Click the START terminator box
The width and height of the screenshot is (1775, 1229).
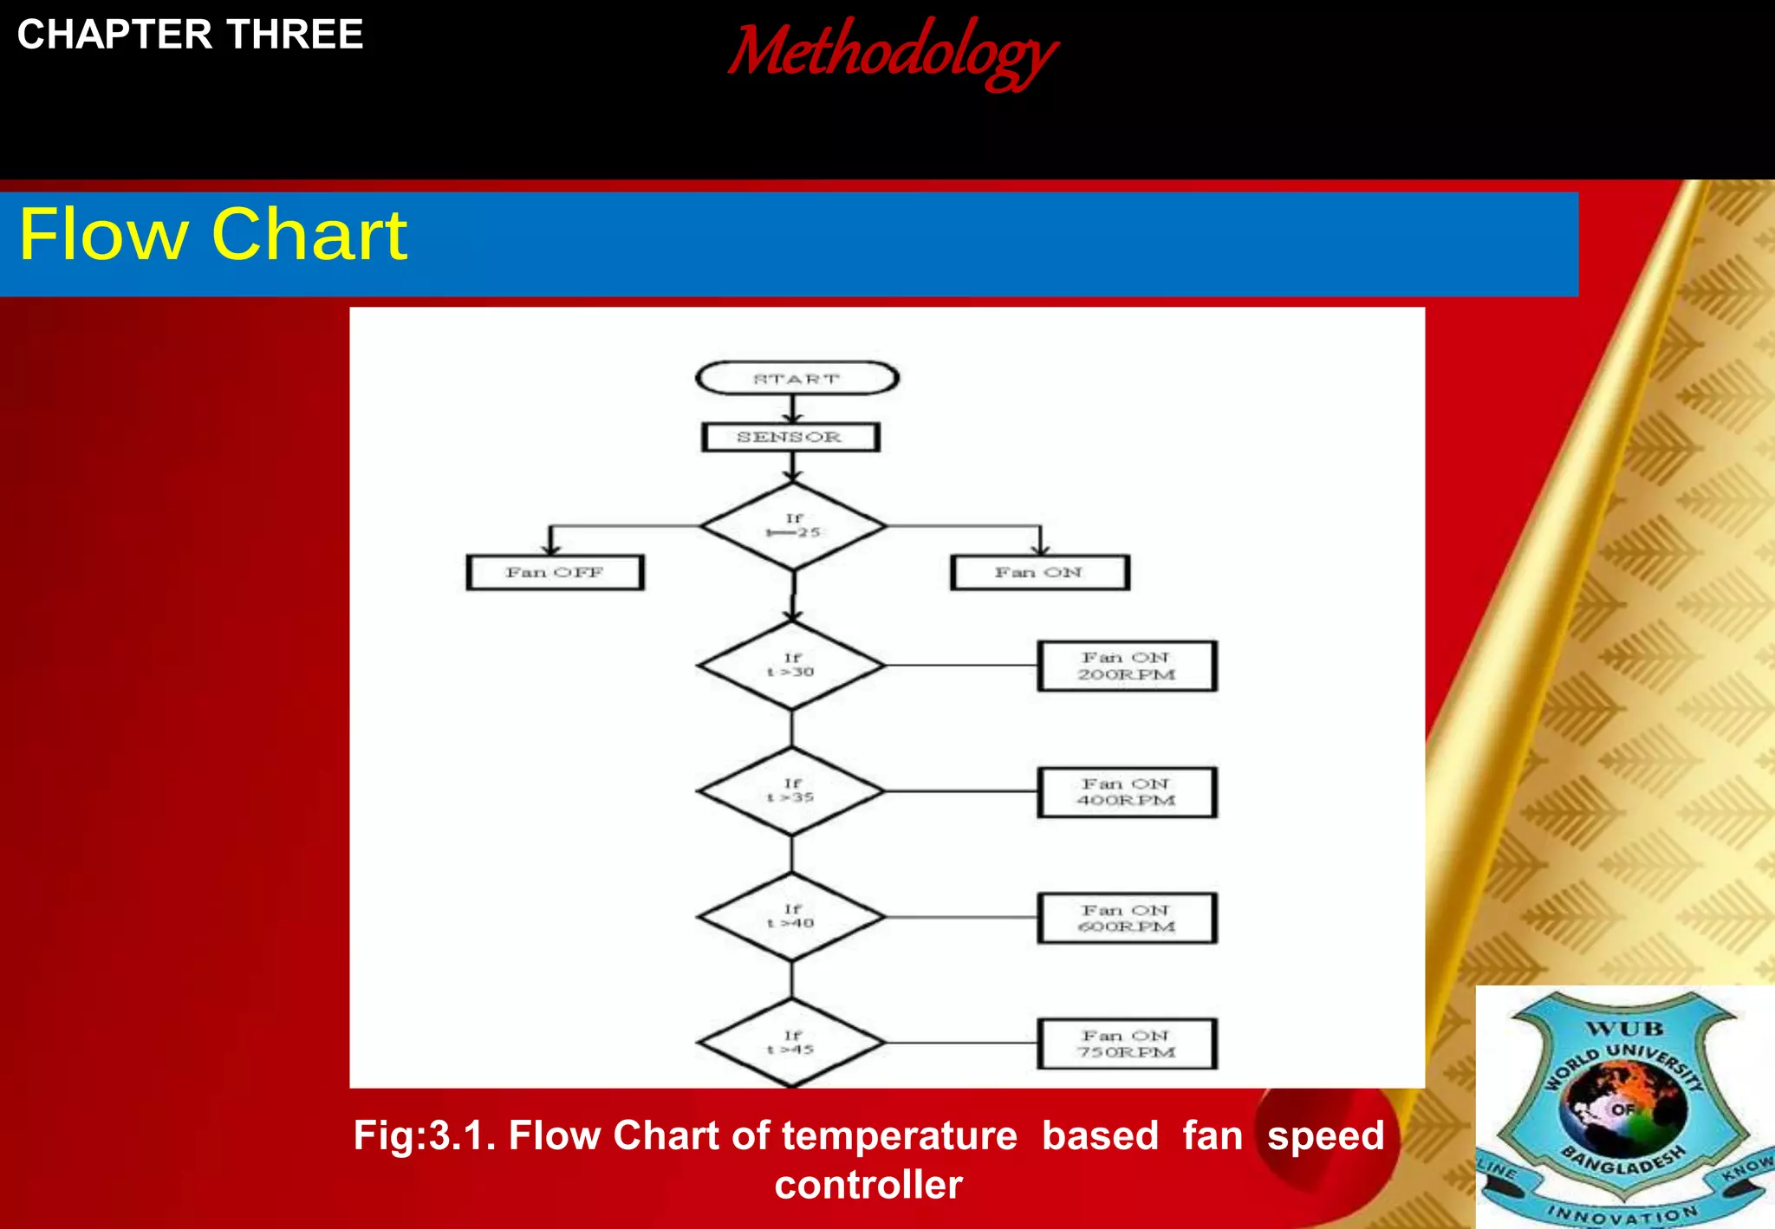coord(796,379)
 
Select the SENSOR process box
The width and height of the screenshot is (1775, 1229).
coord(790,437)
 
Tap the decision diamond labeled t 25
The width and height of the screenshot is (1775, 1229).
coord(793,526)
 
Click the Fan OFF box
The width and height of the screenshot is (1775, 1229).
coord(555,573)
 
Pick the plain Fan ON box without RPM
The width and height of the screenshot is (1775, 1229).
coord(1039,573)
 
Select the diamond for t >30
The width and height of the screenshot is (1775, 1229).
coord(791,666)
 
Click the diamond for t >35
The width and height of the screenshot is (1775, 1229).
coord(791,791)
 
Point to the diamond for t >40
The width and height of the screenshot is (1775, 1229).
coord(791,917)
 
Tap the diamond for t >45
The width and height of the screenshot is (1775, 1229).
coord(791,1043)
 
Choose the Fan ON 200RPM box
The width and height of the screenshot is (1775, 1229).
coord(1127,667)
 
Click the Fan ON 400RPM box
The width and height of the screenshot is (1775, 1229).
coord(1127,792)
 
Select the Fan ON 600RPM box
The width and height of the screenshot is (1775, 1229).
coord(1127,918)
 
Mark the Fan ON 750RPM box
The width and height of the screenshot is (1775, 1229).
coord(1127,1044)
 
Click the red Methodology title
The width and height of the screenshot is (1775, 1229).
coord(892,52)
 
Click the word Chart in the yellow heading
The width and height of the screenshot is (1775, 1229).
coord(309,235)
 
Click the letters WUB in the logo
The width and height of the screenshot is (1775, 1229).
coord(1624,1029)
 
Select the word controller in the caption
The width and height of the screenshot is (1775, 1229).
coord(868,1185)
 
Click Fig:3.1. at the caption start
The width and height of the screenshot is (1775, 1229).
coord(424,1135)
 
